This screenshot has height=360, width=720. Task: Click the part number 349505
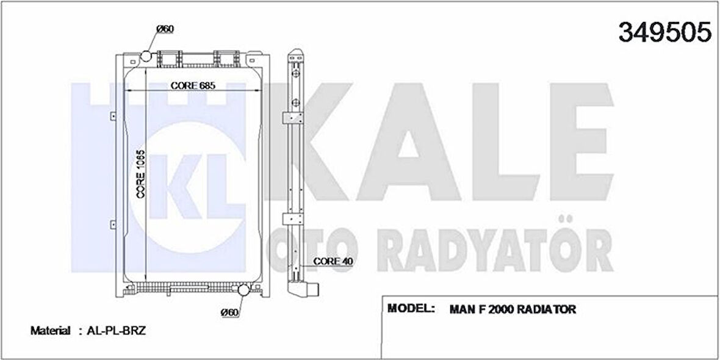(x=664, y=32)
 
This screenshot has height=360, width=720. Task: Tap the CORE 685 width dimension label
(x=193, y=85)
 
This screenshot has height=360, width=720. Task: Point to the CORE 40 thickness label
(x=333, y=261)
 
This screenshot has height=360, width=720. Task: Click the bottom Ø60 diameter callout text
(x=229, y=312)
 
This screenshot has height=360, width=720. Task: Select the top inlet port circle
(x=146, y=57)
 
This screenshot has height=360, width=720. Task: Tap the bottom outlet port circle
(x=243, y=290)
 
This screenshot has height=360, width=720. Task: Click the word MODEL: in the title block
(x=411, y=308)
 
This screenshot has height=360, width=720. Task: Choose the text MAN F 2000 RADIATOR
(x=513, y=309)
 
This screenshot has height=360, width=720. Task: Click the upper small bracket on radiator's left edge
(x=113, y=115)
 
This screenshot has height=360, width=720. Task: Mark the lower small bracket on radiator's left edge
(x=113, y=223)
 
